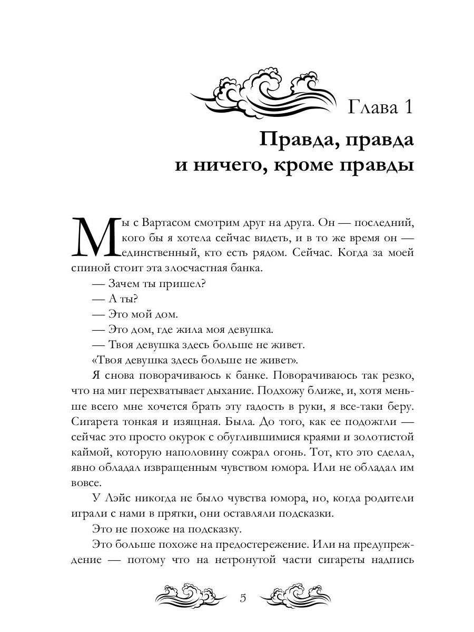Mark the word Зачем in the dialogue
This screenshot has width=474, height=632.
click(125, 284)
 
